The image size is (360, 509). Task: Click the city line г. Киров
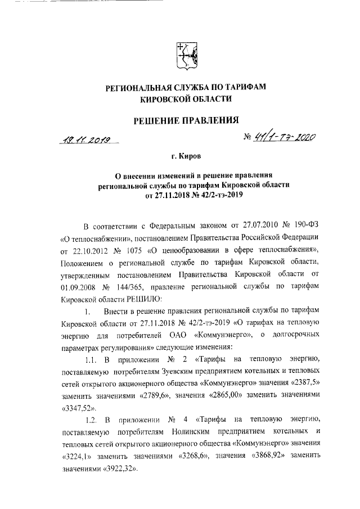pyautogui.click(x=186, y=155)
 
